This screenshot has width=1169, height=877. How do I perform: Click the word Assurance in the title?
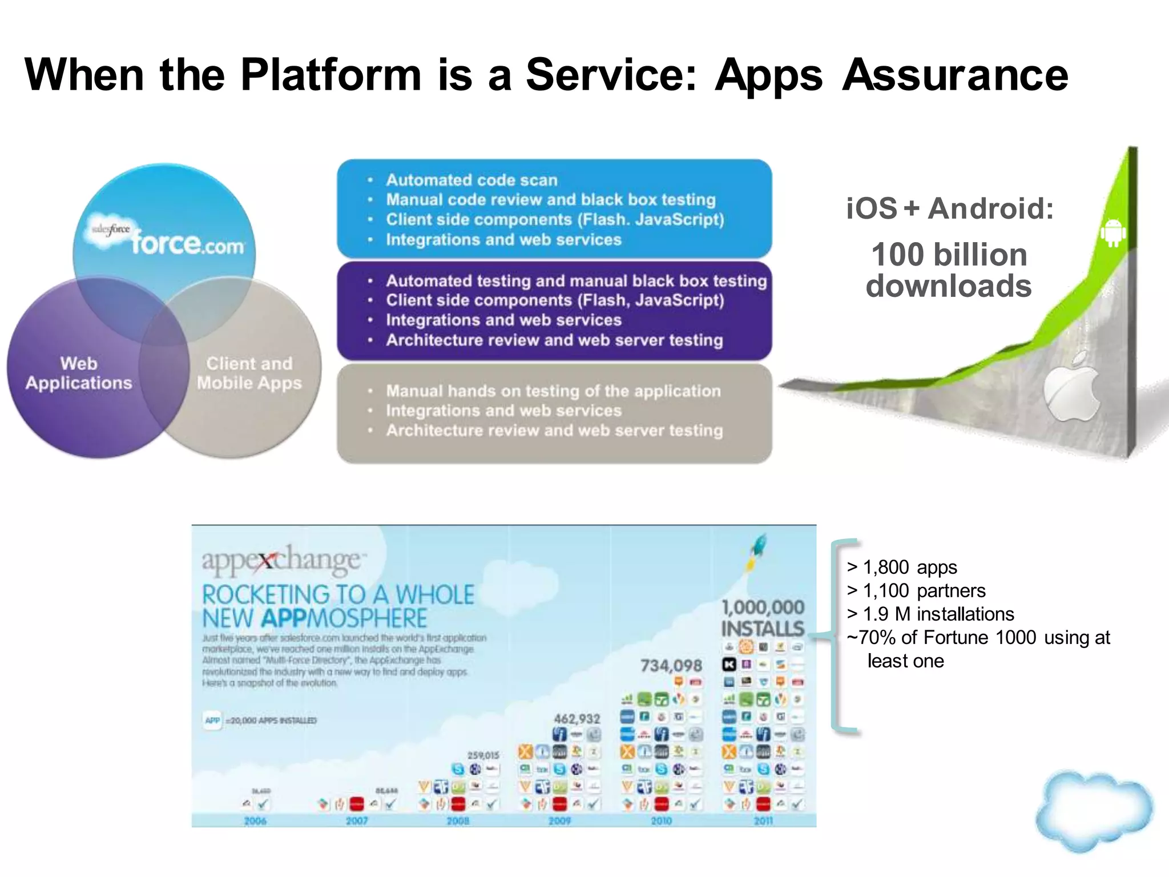coord(954,75)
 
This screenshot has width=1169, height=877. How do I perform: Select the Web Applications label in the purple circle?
coord(79,373)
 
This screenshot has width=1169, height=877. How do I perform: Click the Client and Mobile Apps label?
coord(249,373)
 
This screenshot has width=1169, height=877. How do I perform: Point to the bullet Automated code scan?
coord(471,180)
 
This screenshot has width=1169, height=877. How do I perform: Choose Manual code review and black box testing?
coord(550,200)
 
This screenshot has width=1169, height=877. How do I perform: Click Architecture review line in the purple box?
coord(554,340)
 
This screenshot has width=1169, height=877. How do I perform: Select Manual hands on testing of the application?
coord(553,391)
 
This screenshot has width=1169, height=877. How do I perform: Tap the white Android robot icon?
coord(1112,232)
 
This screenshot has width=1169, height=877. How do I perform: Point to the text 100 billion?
coord(949,255)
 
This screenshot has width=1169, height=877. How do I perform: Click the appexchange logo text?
coord(281,560)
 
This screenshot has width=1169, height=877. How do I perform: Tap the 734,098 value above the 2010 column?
coord(671,666)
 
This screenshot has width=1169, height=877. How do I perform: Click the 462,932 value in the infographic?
coord(577,719)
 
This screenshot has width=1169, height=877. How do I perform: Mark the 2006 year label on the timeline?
coord(255,820)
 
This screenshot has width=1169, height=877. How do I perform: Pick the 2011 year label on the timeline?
coord(763,820)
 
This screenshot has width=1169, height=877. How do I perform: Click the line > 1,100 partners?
coord(916,590)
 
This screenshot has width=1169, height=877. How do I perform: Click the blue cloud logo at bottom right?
coord(1091,811)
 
